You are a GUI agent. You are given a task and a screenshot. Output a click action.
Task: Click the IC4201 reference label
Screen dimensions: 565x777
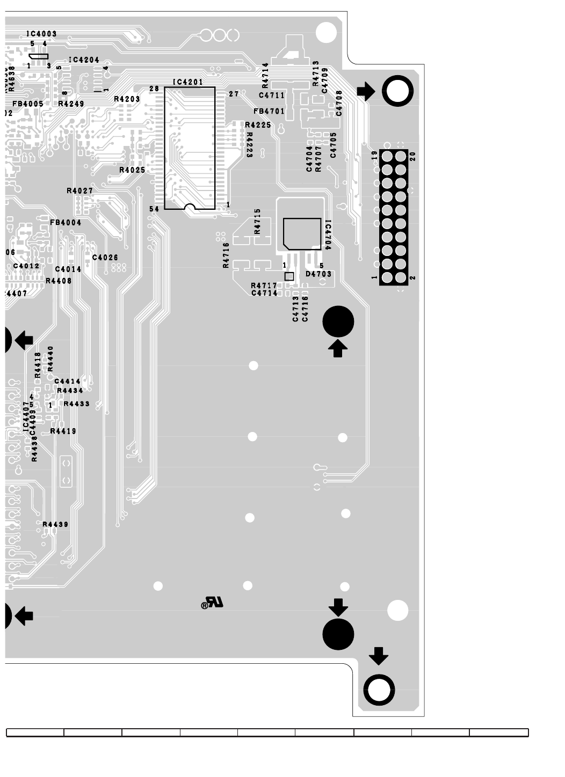tap(187, 82)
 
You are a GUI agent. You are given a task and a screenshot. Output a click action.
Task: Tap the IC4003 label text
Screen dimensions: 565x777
tap(41, 34)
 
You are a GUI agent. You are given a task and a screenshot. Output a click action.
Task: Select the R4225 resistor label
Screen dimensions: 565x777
tap(258, 125)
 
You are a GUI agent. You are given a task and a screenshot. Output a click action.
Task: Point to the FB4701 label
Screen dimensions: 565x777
tap(269, 112)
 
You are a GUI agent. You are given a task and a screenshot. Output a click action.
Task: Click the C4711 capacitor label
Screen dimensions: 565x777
tap(272, 96)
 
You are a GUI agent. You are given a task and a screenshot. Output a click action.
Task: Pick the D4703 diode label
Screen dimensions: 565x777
tap(318, 274)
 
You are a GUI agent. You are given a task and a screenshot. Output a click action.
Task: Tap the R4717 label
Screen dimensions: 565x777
tap(264, 285)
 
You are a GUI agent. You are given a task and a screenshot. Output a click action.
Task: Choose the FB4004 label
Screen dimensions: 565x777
tap(66, 222)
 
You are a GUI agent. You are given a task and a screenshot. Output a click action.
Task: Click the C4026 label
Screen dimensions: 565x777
tap(105, 258)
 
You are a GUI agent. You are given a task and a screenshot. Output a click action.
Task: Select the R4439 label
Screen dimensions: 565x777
tap(55, 524)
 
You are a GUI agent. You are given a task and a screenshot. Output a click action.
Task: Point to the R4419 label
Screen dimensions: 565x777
tap(63, 431)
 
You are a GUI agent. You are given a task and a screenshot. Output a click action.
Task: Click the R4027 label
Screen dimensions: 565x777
tap(80, 190)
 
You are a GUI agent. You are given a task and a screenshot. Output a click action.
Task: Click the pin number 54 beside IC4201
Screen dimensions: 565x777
tap(154, 209)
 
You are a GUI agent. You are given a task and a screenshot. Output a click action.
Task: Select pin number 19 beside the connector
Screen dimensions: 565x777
tap(374, 156)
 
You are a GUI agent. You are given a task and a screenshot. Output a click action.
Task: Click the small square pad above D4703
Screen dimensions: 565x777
tap(289, 276)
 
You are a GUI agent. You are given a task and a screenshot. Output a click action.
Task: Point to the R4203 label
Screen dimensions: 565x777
tap(127, 99)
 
